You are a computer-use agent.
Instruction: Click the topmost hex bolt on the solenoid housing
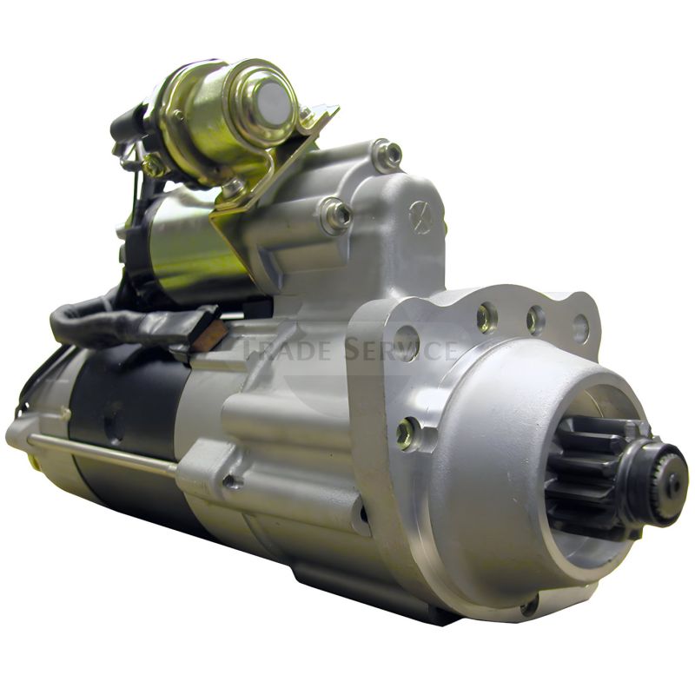coord(387,155)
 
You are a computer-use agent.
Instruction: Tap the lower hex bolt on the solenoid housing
coord(336,215)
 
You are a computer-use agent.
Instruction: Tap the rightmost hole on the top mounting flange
coord(579,328)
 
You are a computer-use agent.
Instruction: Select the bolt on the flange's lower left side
coord(405,432)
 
